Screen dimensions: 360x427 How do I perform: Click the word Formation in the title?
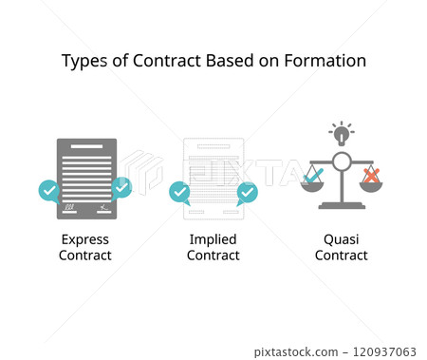click(x=327, y=61)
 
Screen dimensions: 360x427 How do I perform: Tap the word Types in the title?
click(x=82, y=61)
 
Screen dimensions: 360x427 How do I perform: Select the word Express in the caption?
click(x=85, y=239)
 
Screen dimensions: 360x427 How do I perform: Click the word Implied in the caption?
click(x=213, y=239)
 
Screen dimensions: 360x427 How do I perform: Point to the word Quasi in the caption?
click(x=342, y=239)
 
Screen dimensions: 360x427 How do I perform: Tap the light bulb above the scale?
click(x=342, y=133)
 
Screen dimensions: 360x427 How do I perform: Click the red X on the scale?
click(x=371, y=175)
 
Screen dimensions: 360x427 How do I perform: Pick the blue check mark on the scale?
click(x=312, y=175)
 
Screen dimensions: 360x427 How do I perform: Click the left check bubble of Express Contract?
click(x=49, y=191)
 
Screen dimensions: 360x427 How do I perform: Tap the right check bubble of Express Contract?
click(x=121, y=188)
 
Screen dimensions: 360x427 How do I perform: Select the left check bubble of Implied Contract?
click(x=178, y=193)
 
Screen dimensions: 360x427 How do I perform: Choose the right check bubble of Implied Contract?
click(x=247, y=193)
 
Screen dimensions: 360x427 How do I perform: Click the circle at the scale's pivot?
click(x=342, y=161)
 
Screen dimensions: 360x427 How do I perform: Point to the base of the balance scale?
click(x=342, y=205)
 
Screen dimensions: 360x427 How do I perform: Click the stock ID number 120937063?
click(x=384, y=352)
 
